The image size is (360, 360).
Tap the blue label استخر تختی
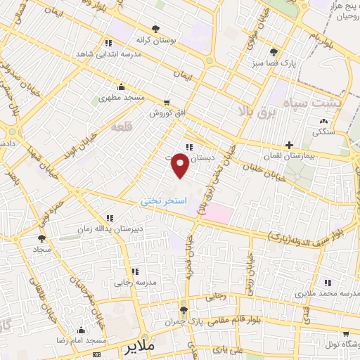click(165, 200)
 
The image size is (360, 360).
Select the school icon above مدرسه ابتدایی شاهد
click(107, 42)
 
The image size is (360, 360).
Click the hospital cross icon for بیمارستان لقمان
click(289, 145)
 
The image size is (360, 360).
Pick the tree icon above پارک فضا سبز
click(274, 51)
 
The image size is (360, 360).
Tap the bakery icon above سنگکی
click(323, 120)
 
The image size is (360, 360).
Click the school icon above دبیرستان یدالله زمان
click(109, 218)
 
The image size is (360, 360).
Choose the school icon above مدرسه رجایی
click(134, 271)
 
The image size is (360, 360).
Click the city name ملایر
click(139, 348)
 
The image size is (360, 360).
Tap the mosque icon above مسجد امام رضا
click(82, 330)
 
